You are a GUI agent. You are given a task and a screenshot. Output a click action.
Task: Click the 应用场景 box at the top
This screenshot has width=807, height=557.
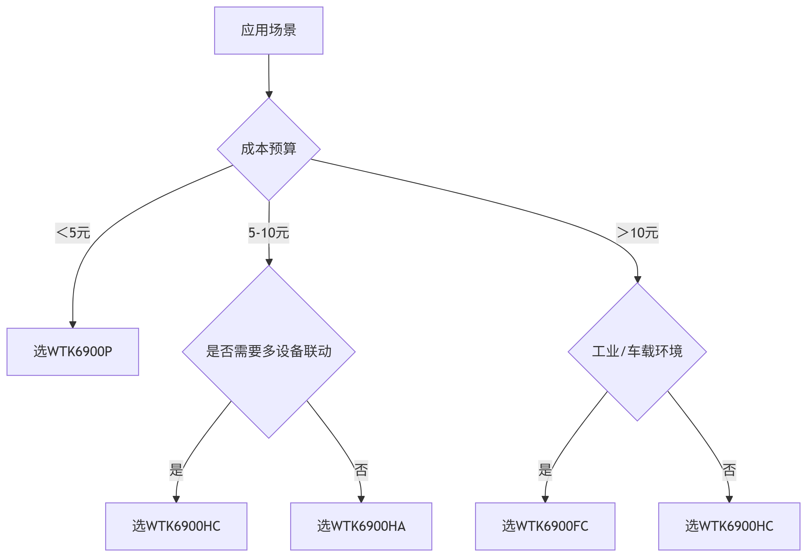click(269, 30)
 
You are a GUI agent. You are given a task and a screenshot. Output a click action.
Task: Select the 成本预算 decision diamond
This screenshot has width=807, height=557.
click(269, 149)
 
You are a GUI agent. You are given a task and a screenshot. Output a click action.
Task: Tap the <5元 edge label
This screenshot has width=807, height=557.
click(73, 233)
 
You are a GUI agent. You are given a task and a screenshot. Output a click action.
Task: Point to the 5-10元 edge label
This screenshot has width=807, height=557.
click(269, 233)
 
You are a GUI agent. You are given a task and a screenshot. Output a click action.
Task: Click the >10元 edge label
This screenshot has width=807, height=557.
click(637, 233)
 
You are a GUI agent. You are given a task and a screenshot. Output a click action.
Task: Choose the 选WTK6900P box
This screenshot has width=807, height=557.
click(73, 352)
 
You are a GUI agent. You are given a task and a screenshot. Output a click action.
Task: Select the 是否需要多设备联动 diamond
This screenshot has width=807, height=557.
click(269, 352)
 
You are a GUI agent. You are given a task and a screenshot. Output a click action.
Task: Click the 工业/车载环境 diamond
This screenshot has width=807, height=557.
click(637, 352)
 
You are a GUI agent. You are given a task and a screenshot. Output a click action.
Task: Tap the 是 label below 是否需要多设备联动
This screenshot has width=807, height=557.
click(176, 471)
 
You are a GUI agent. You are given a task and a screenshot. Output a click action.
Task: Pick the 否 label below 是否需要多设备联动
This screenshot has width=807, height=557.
click(361, 471)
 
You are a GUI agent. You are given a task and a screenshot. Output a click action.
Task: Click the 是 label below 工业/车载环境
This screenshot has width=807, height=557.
click(545, 471)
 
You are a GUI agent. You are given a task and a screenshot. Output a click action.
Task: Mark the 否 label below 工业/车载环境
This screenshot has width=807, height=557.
click(729, 471)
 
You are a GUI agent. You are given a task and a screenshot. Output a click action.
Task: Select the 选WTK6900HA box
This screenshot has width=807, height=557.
click(361, 526)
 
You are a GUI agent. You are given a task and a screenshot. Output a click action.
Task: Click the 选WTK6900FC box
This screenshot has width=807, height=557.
click(545, 526)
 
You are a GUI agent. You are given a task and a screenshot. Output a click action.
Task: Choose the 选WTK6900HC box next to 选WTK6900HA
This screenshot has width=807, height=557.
click(176, 526)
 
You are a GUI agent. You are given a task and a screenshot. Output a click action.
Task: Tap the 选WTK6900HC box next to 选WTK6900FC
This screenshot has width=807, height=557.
click(729, 526)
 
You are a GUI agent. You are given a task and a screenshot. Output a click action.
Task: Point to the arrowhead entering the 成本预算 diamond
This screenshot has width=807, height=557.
click(269, 95)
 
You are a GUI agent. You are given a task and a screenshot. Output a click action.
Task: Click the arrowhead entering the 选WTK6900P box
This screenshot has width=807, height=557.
click(73, 324)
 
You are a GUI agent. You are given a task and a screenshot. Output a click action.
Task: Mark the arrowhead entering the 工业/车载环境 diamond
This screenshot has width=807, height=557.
click(638, 280)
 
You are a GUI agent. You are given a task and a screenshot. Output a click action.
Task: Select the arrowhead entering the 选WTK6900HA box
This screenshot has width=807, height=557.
click(361, 499)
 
